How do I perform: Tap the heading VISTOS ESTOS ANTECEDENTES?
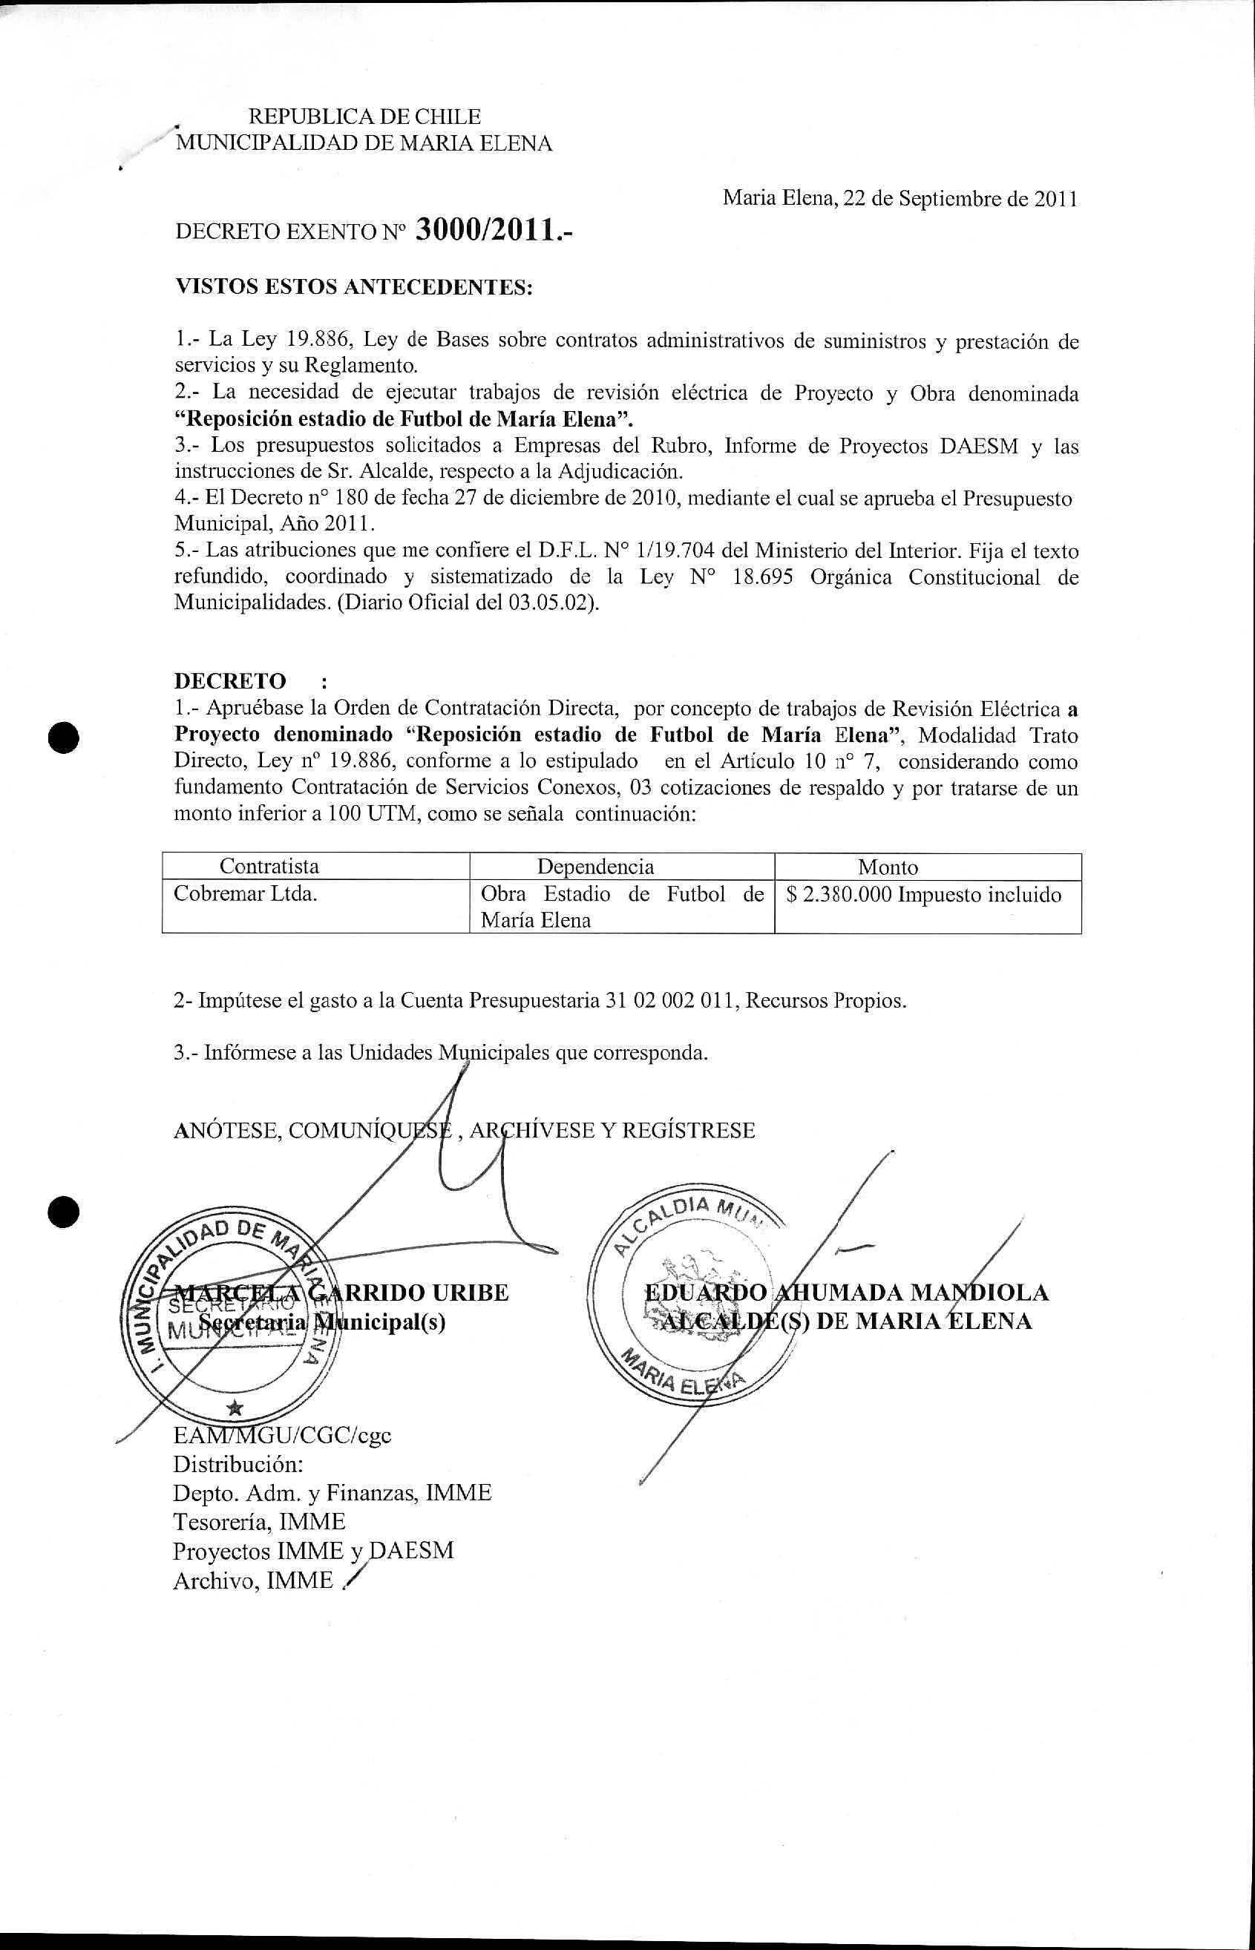tap(354, 286)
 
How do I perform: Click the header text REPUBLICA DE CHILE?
tap(364, 116)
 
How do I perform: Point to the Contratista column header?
tap(269, 866)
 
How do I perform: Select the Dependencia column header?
tap(595, 867)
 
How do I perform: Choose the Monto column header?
tap(888, 867)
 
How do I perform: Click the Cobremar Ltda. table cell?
tap(246, 893)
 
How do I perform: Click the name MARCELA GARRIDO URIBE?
tap(342, 1293)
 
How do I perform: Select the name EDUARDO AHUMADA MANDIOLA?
tap(846, 1292)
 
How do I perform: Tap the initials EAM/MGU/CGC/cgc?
tap(282, 1434)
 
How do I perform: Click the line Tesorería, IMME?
tap(258, 1522)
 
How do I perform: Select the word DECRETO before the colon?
tap(230, 681)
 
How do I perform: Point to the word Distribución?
tap(238, 1464)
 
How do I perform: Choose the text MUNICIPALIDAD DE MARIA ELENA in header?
tap(364, 144)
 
